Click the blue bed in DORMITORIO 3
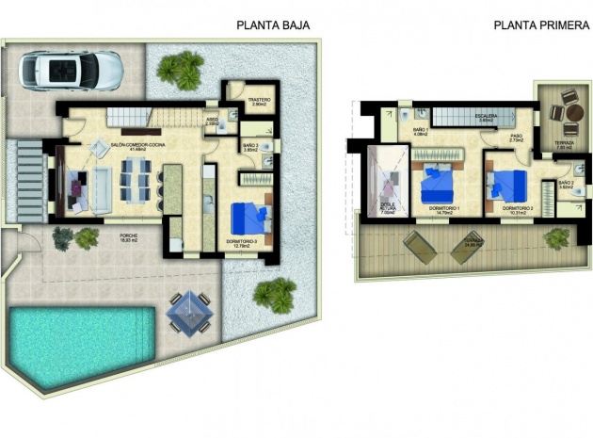(249, 218)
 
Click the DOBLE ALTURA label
(387, 209)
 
